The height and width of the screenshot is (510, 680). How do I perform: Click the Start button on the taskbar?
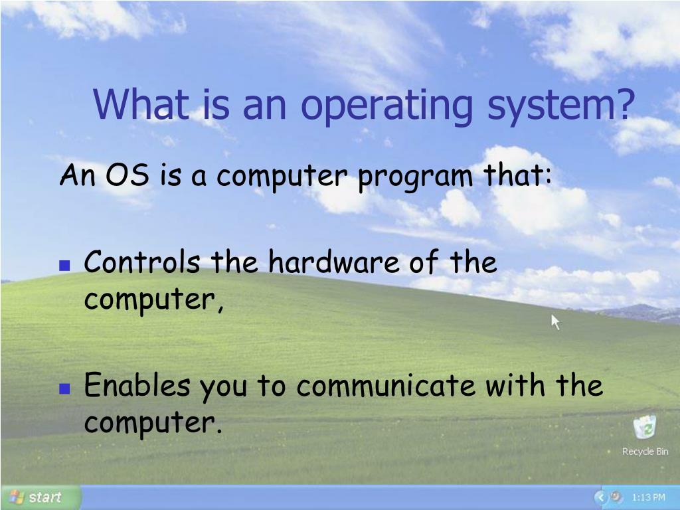click(41, 497)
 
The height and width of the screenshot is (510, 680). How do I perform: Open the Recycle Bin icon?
click(645, 427)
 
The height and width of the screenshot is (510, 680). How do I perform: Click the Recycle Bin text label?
click(645, 452)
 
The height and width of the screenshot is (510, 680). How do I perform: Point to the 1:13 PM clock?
click(648, 497)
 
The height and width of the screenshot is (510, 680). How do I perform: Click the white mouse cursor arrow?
click(554, 322)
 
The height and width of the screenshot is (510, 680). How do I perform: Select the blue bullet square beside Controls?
click(64, 266)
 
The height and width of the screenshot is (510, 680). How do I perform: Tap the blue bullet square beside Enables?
click(64, 388)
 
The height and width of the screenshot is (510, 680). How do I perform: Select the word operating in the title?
click(386, 107)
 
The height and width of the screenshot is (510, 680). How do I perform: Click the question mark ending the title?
click(624, 104)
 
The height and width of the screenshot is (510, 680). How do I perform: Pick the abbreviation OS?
click(127, 175)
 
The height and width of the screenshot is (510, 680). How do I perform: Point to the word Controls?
click(142, 262)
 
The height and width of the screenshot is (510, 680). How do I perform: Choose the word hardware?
click(334, 262)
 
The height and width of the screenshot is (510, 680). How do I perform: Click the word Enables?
click(137, 384)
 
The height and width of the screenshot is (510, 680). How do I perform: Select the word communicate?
click(386, 386)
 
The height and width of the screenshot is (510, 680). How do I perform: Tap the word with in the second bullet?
click(515, 384)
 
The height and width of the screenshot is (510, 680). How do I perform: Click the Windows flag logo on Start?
click(17, 497)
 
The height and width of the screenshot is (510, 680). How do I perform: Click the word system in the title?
click(551, 107)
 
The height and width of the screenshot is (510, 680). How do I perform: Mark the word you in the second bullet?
click(223, 388)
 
